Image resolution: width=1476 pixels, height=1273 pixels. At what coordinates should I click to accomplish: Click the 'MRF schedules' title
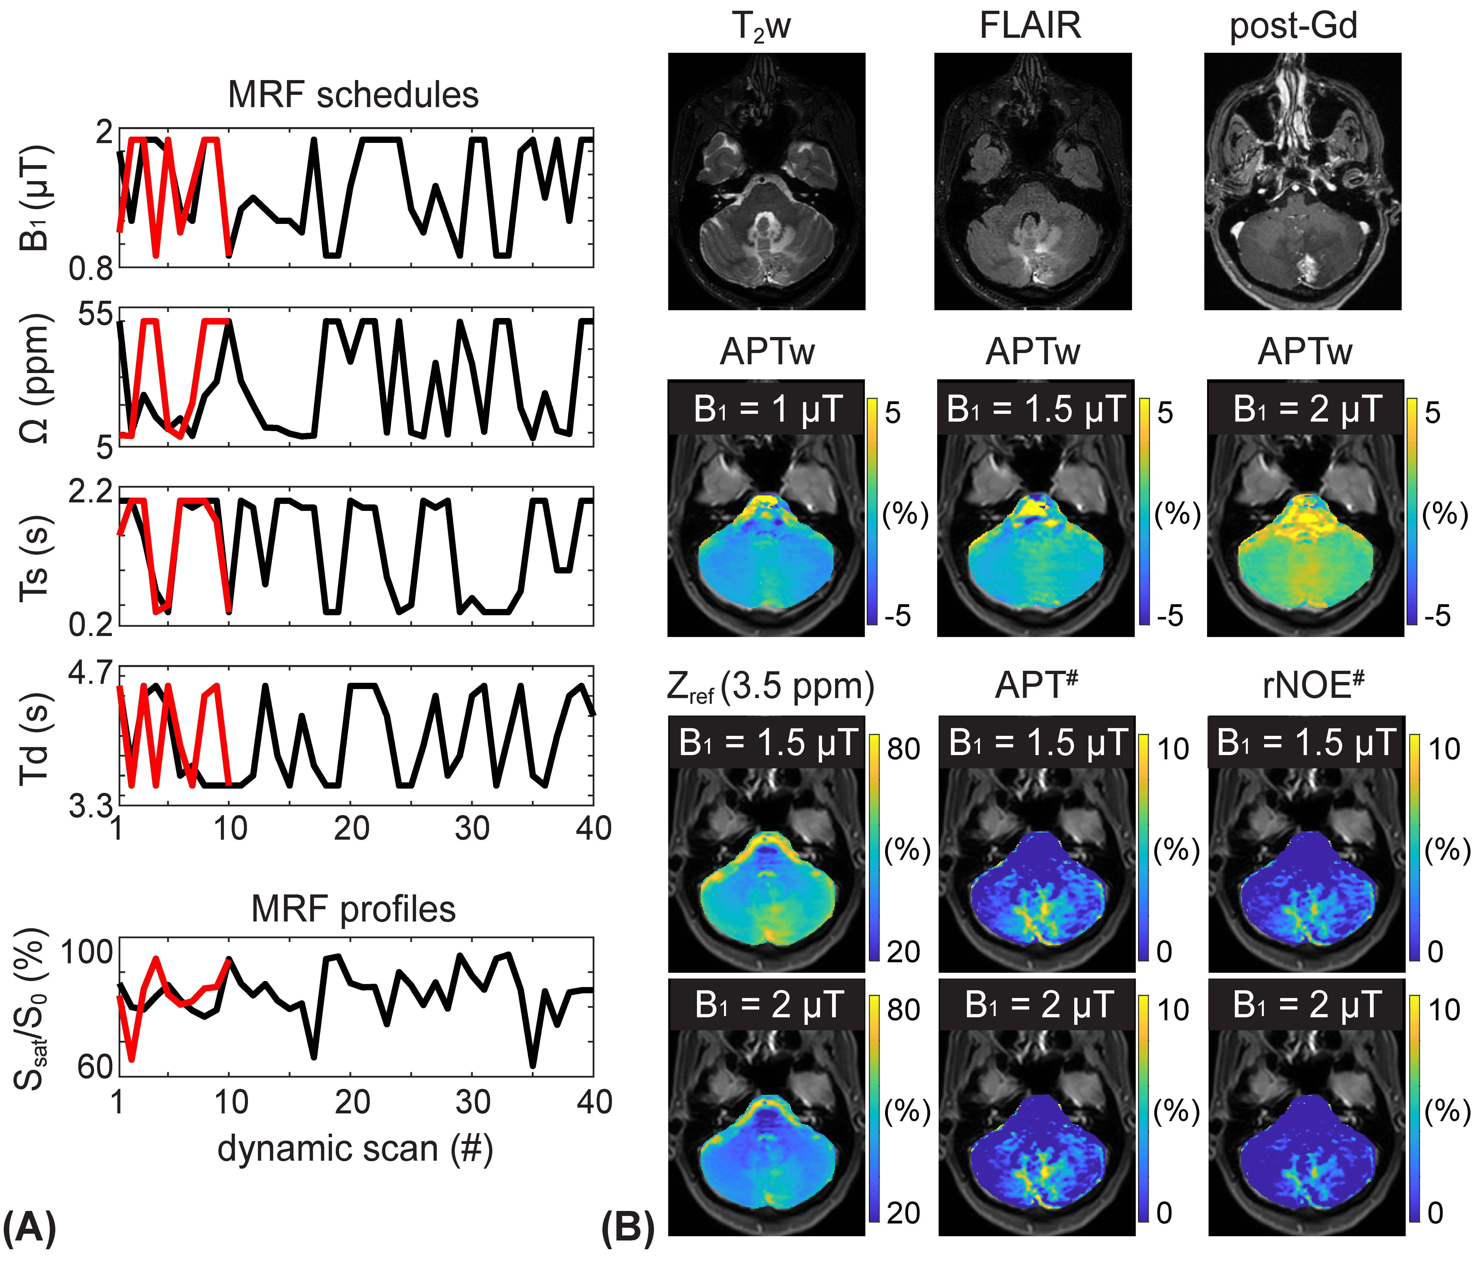click(x=353, y=95)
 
